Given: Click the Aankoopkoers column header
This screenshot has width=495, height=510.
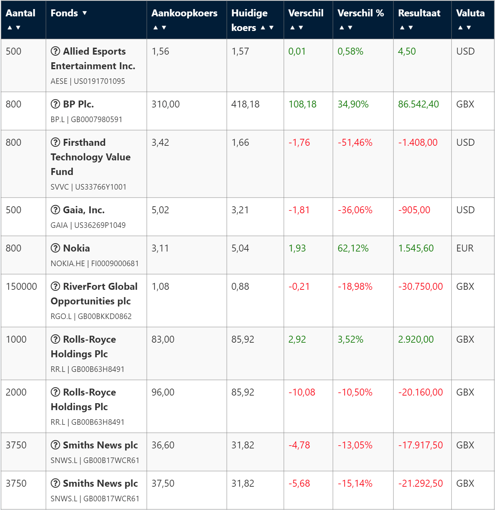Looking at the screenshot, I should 184,13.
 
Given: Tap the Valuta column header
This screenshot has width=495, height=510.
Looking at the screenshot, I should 470,13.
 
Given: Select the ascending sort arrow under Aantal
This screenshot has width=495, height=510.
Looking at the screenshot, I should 10,28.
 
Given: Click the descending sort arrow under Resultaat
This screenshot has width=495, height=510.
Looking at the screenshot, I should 411,28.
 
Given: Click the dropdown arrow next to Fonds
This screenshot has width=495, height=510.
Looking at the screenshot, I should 85,13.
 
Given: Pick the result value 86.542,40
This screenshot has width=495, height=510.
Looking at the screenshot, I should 418,104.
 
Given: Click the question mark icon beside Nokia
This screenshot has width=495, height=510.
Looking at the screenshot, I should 55,248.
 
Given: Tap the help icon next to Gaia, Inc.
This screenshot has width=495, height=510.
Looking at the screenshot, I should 55,210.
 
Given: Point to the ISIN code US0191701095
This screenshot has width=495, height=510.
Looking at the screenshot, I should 99,81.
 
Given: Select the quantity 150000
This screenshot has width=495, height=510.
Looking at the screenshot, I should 22,287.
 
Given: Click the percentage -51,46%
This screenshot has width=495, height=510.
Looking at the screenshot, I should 355,143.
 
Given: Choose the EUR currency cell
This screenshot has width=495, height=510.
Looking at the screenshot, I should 465,248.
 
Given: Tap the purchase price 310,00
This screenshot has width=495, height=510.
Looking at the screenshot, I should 166,104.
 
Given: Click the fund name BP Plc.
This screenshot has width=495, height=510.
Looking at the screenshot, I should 78,104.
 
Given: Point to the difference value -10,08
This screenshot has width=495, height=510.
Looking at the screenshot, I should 302,392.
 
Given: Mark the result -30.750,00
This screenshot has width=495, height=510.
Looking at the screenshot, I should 421,287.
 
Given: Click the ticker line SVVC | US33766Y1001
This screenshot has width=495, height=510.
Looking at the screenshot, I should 88,187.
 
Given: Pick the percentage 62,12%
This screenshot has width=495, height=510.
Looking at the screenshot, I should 353,248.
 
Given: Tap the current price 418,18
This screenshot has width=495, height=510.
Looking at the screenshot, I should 245,104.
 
